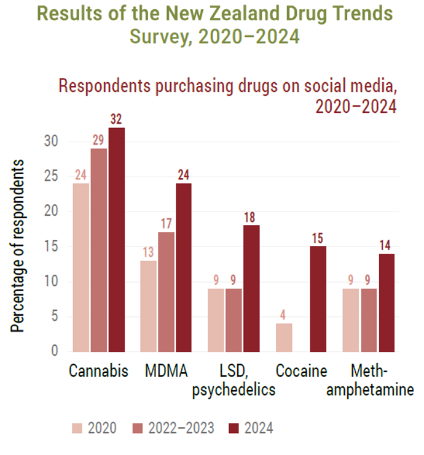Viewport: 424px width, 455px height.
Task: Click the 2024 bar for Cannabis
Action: [x=117, y=240]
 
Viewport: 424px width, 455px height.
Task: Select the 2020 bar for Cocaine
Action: [x=284, y=338]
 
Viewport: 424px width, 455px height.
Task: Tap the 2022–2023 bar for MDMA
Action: [x=167, y=292]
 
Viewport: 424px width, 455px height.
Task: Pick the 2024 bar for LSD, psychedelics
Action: [x=251, y=288]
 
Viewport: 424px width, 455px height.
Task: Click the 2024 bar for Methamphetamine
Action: [x=387, y=303]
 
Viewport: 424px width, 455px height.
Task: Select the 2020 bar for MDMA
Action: [x=148, y=307]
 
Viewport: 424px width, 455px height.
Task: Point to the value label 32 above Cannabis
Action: [x=116, y=119]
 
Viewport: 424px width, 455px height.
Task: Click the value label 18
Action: [x=249, y=217]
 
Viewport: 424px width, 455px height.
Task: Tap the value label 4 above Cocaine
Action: [x=283, y=315]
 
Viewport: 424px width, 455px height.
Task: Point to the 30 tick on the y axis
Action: [x=51, y=141]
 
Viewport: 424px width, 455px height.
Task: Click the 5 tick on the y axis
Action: [x=55, y=316]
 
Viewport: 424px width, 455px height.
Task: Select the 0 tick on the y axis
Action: [x=55, y=351]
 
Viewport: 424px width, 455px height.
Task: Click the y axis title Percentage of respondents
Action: [x=17, y=246]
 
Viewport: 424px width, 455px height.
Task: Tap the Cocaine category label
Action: [x=302, y=371]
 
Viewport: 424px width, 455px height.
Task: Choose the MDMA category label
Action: [x=167, y=371]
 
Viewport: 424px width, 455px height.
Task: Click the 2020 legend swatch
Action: [x=77, y=428]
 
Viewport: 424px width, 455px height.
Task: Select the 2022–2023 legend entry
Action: [x=173, y=428]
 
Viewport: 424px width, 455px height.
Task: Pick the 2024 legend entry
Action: [x=251, y=428]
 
